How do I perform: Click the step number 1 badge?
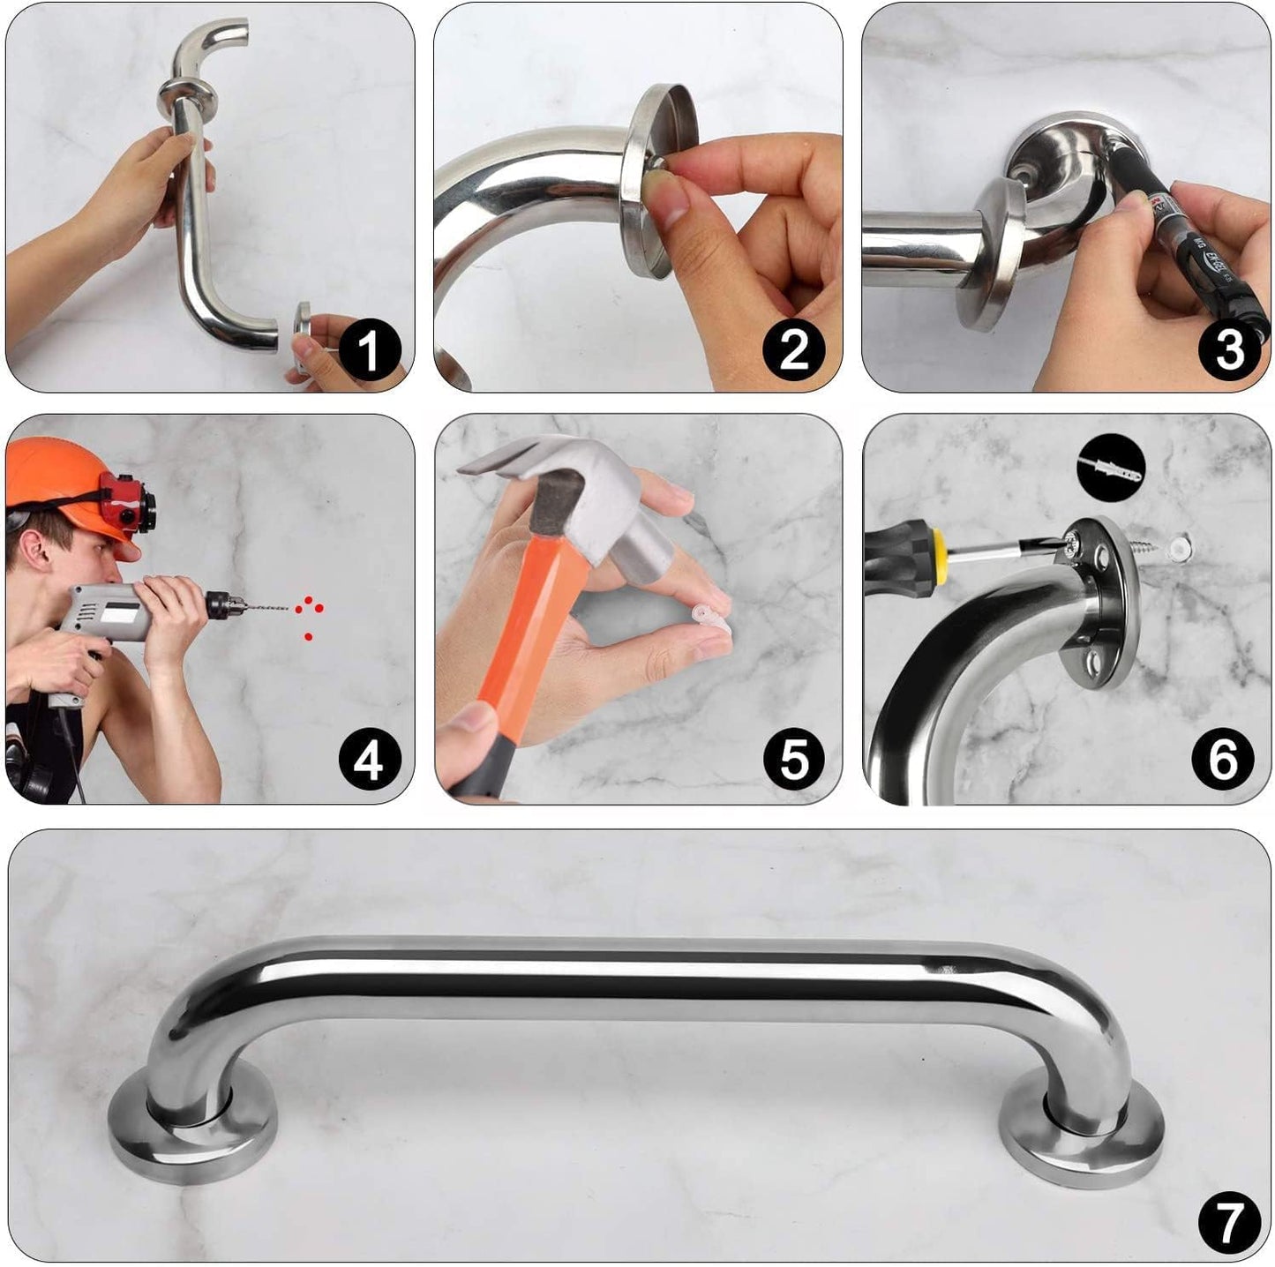pos(369,349)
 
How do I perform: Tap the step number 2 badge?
pos(793,349)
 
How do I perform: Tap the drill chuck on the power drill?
pos(221,604)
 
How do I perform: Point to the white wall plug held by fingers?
pos(711,618)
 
